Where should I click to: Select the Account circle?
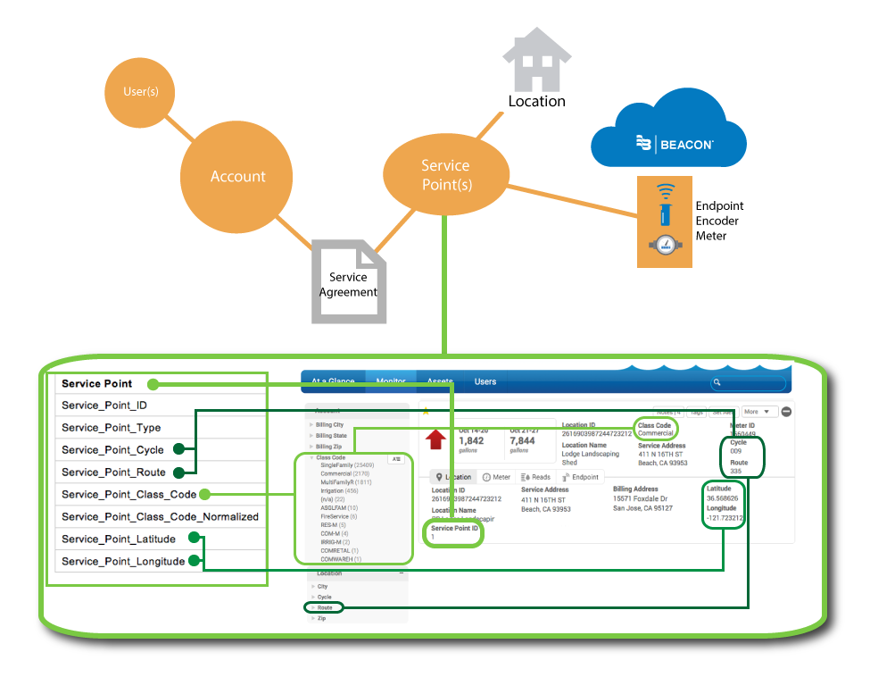point(237,176)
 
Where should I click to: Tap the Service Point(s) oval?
point(444,175)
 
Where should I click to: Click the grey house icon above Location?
point(535,59)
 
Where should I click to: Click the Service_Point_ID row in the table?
point(156,406)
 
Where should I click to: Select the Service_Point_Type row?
point(156,428)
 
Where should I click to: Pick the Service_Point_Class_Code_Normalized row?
point(160,516)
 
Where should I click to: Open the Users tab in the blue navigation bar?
point(485,381)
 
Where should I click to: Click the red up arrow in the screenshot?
point(436,439)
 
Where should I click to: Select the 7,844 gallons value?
point(522,440)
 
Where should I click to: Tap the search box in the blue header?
point(750,383)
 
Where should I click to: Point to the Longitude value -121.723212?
point(725,518)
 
